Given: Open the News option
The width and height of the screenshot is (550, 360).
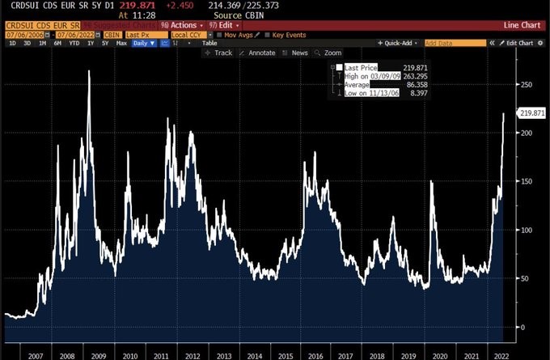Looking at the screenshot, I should [299, 53].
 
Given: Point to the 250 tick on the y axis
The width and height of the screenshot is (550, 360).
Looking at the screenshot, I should [526, 84].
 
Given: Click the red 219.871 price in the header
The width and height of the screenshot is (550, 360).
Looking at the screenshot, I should [149, 5].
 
